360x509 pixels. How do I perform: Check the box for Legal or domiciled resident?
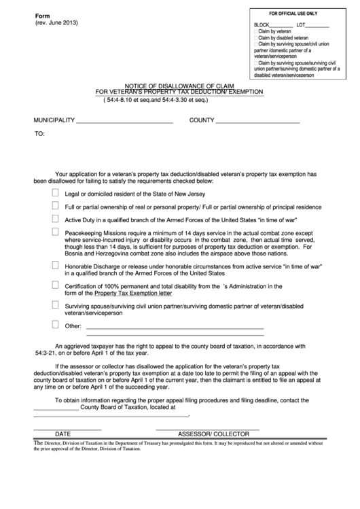click(x=55, y=192)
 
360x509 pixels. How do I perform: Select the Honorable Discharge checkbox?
click(x=55, y=264)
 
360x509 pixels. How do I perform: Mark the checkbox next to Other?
click(x=55, y=325)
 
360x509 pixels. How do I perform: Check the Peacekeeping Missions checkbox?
click(x=55, y=232)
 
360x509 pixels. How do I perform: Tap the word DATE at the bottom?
click(x=62, y=433)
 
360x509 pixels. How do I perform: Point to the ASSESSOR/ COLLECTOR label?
click(x=213, y=433)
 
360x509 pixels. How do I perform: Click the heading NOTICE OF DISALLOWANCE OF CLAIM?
click(x=179, y=85)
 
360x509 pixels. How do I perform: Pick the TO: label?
click(x=40, y=134)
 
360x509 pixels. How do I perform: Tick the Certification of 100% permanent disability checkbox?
click(x=55, y=285)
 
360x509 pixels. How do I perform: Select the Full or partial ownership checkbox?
click(x=55, y=205)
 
